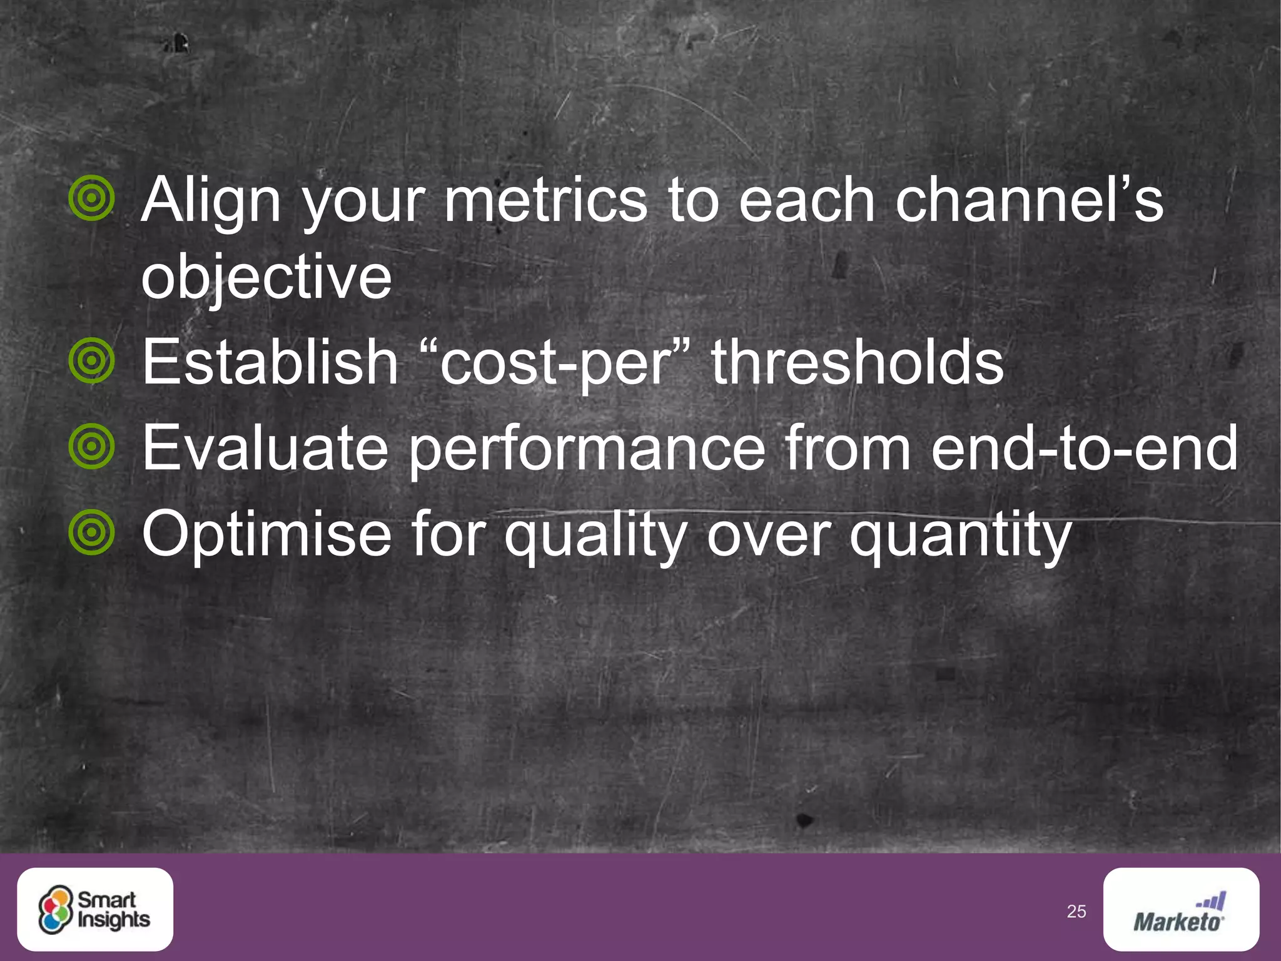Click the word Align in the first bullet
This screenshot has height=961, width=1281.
tap(211, 201)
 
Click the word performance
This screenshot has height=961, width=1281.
tap(587, 449)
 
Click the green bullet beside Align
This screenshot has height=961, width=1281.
tap(92, 198)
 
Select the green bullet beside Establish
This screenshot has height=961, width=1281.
tap(92, 360)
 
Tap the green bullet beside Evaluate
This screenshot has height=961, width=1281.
tap(92, 446)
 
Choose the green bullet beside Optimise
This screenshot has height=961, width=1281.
tap(92, 532)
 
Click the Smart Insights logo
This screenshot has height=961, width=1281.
tap(95, 909)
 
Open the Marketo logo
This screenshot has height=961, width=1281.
tap(1181, 909)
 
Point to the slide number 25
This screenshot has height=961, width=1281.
tap(1076, 912)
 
